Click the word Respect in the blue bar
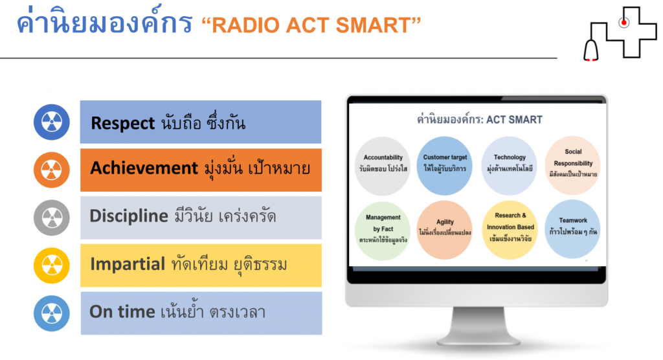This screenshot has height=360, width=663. [x=122, y=124]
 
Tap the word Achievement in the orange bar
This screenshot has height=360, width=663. [x=144, y=168]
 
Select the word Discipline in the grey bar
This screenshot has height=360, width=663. [x=129, y=216]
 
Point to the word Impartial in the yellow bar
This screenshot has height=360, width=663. [x=128, y=264]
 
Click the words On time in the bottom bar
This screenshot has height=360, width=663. [x=122, y=312]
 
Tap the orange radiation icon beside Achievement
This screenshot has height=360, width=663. [x=52, y=170]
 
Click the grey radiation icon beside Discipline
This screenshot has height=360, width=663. [x=52, y=218]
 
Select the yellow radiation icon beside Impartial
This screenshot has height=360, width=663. [x=52, y=265]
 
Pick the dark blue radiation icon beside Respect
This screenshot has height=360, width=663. [x=52, y=122]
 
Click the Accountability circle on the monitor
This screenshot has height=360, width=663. [x=383, y=166]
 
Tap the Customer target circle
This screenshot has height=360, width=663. [x=444, y=166]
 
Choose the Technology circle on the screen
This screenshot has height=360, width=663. [x=509, y=166]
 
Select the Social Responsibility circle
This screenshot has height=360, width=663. [x=572, y=165]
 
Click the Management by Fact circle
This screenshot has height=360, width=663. [x=383, y=231]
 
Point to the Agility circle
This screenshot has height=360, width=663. [x=444, y=230]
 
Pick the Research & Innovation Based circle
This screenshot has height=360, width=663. [x=510, y=230]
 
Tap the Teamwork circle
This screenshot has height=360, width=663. [x=572, y=229]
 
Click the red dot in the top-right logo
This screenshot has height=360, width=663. [x=624, y=23]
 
